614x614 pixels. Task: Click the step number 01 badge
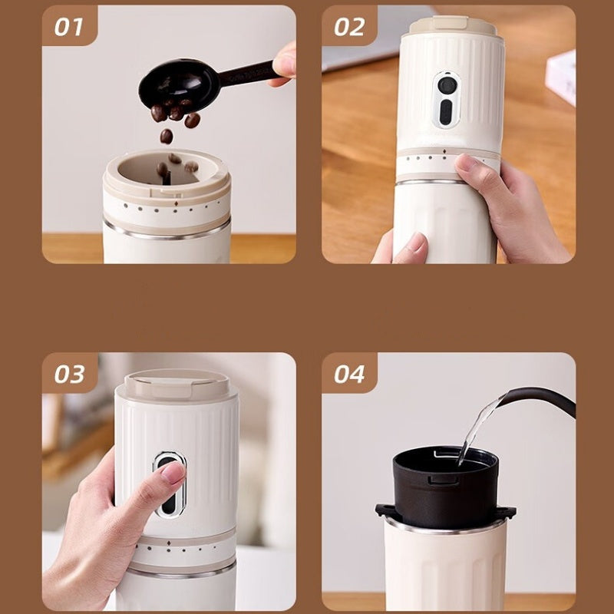coord(70,26)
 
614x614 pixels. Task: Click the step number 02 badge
coord(349,26)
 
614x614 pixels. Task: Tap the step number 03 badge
coord(70,373)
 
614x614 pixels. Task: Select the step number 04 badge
coord(349,373)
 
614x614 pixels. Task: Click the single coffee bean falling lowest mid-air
coord(167,136)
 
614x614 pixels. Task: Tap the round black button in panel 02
coord(447,84)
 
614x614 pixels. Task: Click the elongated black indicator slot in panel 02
coord(446,112)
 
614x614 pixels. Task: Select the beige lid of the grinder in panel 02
coord(453,26)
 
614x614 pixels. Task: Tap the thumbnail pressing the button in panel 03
coord(173,472)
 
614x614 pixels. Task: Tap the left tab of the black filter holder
coord(385,510)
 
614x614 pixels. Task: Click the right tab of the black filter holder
coord(507,511)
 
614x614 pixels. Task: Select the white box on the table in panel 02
coord(561,78)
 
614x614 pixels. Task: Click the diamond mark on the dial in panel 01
coord(176,203)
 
